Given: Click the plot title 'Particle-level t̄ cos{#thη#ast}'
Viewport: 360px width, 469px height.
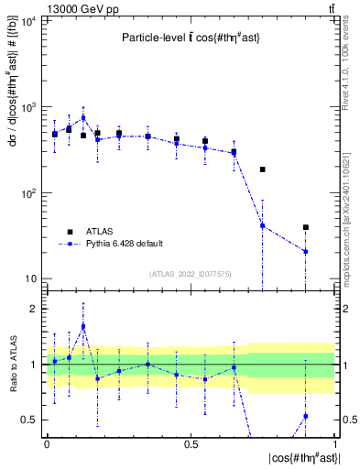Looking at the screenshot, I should tap(187, 38).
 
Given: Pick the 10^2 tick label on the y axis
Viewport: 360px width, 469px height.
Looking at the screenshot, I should tap(27, 193).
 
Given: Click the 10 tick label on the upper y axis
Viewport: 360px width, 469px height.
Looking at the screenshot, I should tap(31, 279).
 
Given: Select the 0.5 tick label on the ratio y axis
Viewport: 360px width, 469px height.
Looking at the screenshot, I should tap(31, 420).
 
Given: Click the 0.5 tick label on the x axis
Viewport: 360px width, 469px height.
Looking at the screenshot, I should tap(191, 443).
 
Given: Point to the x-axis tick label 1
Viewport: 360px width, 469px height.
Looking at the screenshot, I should tap(334, 443).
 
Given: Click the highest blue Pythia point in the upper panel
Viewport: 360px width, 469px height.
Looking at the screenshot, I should tap(83, 117).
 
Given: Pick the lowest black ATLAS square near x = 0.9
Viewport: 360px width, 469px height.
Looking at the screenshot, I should tap(306, 227).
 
